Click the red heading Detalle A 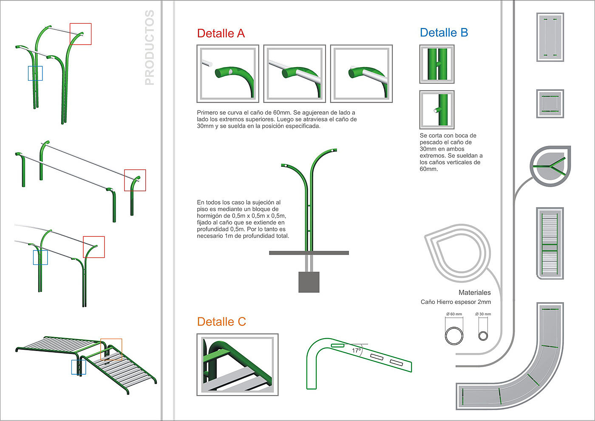point(221,34)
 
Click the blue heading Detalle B point(444,33)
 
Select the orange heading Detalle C point(221,322)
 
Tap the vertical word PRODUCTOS point(150,48)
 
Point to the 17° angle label point(356,351)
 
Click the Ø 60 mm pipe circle point(454,335)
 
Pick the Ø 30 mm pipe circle point(483,335)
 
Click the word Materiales point(474,292)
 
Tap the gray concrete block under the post point(309,282)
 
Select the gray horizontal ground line point(309,253)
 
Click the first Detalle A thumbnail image point(228,74)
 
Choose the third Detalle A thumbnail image point(361,74)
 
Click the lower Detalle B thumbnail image point(437,109)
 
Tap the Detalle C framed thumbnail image point(237,365)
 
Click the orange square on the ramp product point(111,349)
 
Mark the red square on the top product point(81,34)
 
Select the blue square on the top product point(35,73)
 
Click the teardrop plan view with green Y point(550,166)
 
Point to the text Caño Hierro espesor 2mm point(456,302)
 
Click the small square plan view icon point(550,104)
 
